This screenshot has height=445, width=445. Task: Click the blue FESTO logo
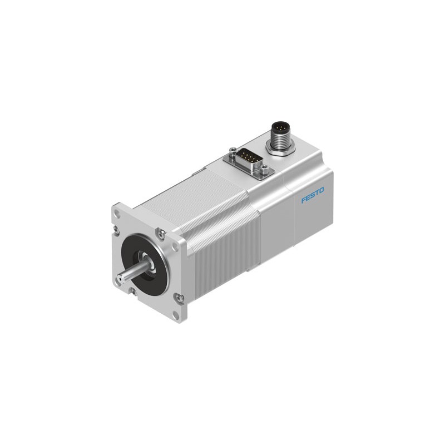313,195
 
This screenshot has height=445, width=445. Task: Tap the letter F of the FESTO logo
304,199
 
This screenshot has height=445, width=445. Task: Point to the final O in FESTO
321,190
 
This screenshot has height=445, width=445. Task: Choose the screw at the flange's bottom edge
133,290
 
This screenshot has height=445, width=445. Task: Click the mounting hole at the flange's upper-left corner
117,212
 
